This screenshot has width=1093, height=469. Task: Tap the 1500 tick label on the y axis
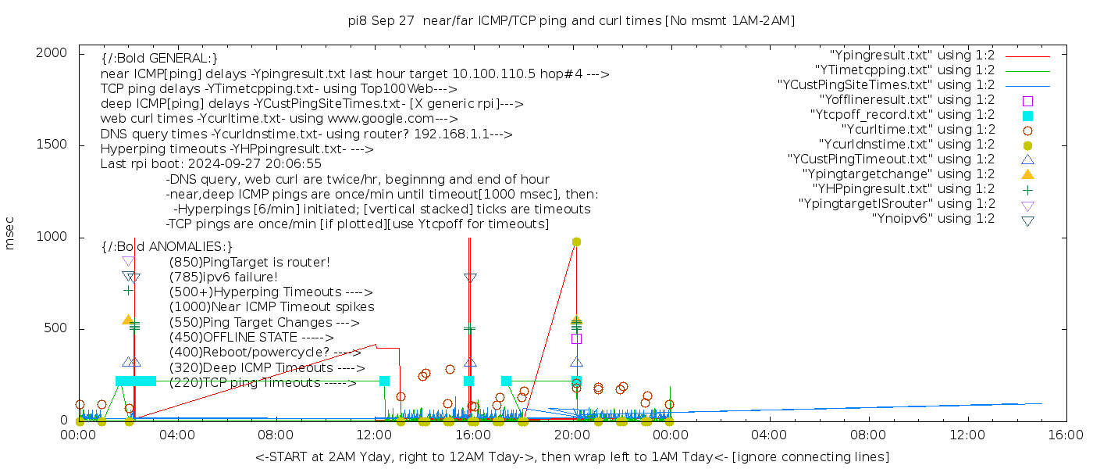click(x=53, y=145)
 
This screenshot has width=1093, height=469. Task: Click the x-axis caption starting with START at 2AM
click(x=571, y=456)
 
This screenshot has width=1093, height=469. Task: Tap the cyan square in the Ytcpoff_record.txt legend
click(x=1027, y=116)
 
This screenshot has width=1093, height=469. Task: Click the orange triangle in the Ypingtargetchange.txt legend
click(x=1027, y=174)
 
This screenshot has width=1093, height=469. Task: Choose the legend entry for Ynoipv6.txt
click(x=933, y=219)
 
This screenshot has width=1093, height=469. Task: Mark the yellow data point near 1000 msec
click(x=576, y=242)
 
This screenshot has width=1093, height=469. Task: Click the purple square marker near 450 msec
click(x=576, y=338)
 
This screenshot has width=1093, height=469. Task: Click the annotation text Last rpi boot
click(x=211, y=164)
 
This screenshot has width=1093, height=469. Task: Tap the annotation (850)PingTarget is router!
click(x=249, y=262)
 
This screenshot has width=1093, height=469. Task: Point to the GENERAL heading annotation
click(x=159, y=59)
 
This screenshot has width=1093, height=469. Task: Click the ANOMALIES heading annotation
click(x=167, y=246)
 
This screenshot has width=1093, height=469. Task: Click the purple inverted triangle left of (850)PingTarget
click(x=128, y=262)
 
